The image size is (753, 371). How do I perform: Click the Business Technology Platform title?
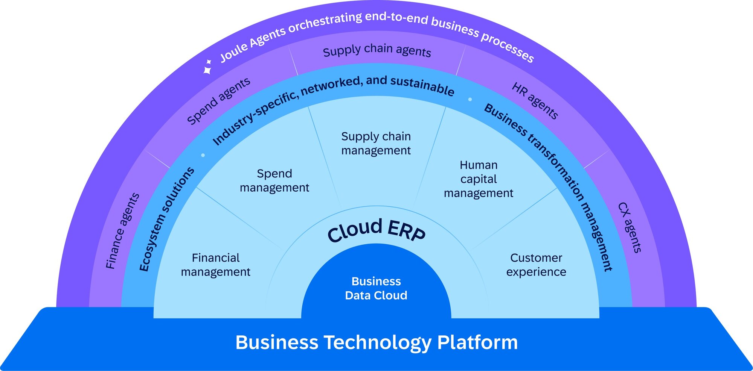tap(376, 342)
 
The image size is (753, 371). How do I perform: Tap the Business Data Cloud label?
tap(376, 288)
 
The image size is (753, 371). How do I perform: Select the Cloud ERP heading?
tap(376, 230)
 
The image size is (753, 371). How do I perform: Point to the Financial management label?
tap(216, 265)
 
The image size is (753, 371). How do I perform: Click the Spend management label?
tap(274, 180)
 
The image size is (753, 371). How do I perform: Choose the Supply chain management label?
tap(376, 143)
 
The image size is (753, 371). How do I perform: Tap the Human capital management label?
tap(479, 179)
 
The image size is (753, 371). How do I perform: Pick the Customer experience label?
tap(536, 265)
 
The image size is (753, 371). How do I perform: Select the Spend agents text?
tap(218, 101)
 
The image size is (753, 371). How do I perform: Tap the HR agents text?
tap(535, 101)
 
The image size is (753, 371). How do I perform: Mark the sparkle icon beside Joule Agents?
tap(207, 67)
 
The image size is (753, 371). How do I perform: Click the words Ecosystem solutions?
tap(166, 219)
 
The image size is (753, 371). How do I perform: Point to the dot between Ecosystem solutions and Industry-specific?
tap(203, 155)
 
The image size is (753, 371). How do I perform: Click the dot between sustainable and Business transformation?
tap(470, 99)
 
